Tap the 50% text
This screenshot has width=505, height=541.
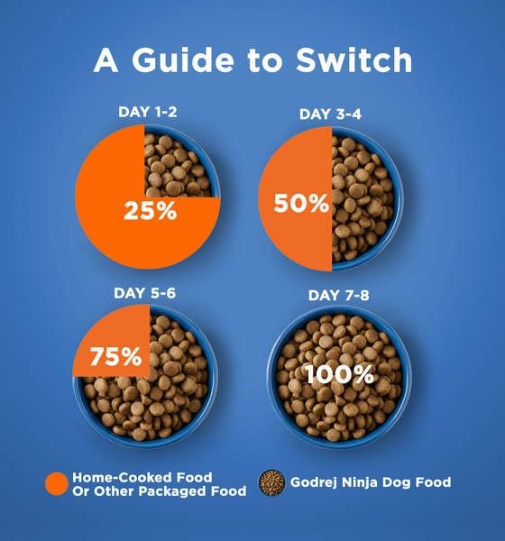pos(301,203)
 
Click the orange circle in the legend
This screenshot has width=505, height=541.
pos(56,484)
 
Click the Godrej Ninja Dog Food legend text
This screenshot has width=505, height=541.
pos(370,482)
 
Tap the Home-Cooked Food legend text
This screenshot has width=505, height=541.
pos(142,477)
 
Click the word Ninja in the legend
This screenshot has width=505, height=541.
pos(362,482)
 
